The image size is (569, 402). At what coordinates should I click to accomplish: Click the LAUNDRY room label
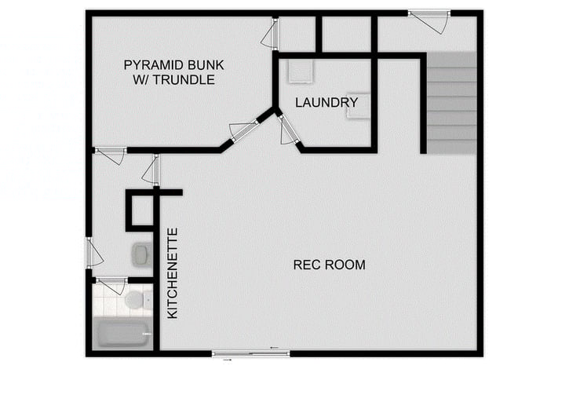[326, 103]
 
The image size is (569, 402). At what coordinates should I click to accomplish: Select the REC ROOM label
[329, 265]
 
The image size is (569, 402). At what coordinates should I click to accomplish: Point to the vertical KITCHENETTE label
[173, 273]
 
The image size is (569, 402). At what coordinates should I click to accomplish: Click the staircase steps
[451, 102]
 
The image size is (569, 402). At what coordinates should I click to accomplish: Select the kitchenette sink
[140, 254]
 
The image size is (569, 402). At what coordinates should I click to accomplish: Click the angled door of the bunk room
[243, 130]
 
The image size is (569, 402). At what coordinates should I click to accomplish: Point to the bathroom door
[111, 281]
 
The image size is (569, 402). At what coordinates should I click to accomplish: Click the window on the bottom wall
[250, 353]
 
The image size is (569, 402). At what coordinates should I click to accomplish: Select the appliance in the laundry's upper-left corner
[300, 72]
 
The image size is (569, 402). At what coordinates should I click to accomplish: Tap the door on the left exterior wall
[92, 253]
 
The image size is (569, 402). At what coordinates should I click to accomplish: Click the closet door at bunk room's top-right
[271, 34]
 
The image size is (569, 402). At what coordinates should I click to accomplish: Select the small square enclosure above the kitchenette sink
[141, 211]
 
